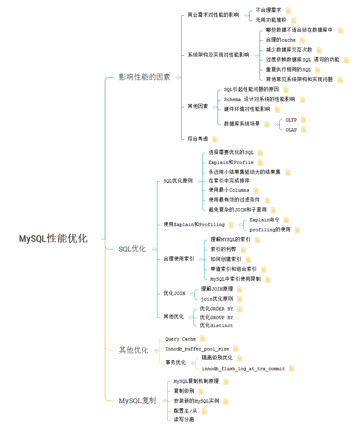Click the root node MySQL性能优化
(53, 239)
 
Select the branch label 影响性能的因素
(144, 77)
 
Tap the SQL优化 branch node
(132, 249)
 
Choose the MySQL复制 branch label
(137, 401)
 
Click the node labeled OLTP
(291, 120)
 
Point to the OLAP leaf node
(291, 129)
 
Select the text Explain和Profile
(231, 162)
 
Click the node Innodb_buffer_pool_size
(197, 349)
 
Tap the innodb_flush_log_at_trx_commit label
(243, 369)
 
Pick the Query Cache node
(180, 339)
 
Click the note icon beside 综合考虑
(215, 139)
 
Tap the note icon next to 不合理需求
(288, 10)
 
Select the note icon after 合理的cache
(302, 40)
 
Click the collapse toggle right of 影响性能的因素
(178, 78)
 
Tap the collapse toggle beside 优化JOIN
(192, 294)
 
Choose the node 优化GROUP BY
(216, 317)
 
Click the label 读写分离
(184, 419)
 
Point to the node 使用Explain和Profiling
(194, 225)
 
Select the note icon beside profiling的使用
(297, 230)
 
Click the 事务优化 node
(176, 362)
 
